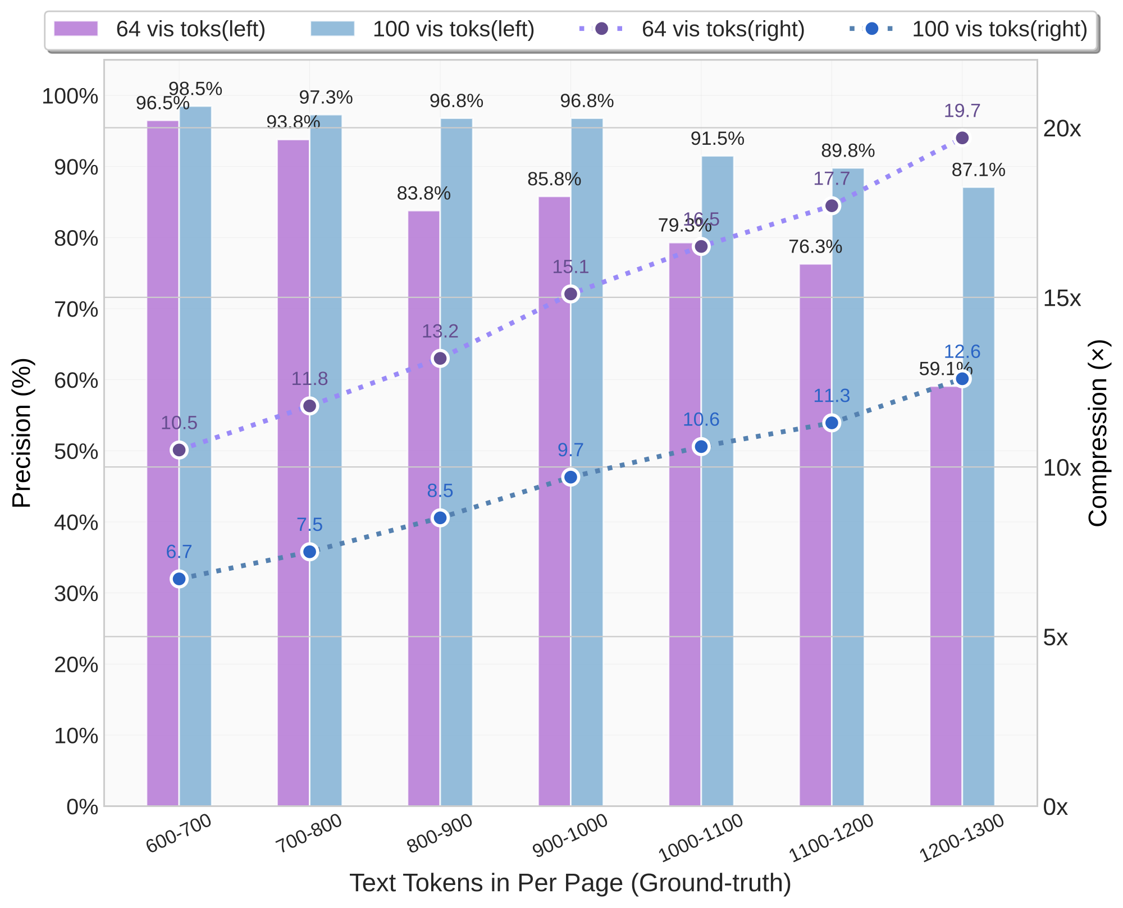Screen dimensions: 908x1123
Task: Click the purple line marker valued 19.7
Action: click(962, 138)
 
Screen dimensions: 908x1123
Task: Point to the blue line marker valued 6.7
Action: click(179, 579)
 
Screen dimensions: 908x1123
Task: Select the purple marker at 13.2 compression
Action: click(440, 359)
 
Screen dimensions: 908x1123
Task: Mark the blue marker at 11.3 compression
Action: click(832, 423)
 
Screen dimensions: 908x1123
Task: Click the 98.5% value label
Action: click(195, 89)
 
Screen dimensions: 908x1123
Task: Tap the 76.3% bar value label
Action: click(815, 247)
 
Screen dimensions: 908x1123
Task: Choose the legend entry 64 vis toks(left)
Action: click(159, 29)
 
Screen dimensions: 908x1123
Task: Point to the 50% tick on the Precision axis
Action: click(76, 452)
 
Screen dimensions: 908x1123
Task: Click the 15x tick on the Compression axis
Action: click(1062, 299)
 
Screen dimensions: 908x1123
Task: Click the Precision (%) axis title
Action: click(22, 433)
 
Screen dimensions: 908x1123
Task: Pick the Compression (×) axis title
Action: click(1098, 433)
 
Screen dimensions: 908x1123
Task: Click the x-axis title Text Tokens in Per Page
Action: click(570, 883)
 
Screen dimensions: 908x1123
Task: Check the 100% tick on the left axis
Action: click(70, 97)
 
